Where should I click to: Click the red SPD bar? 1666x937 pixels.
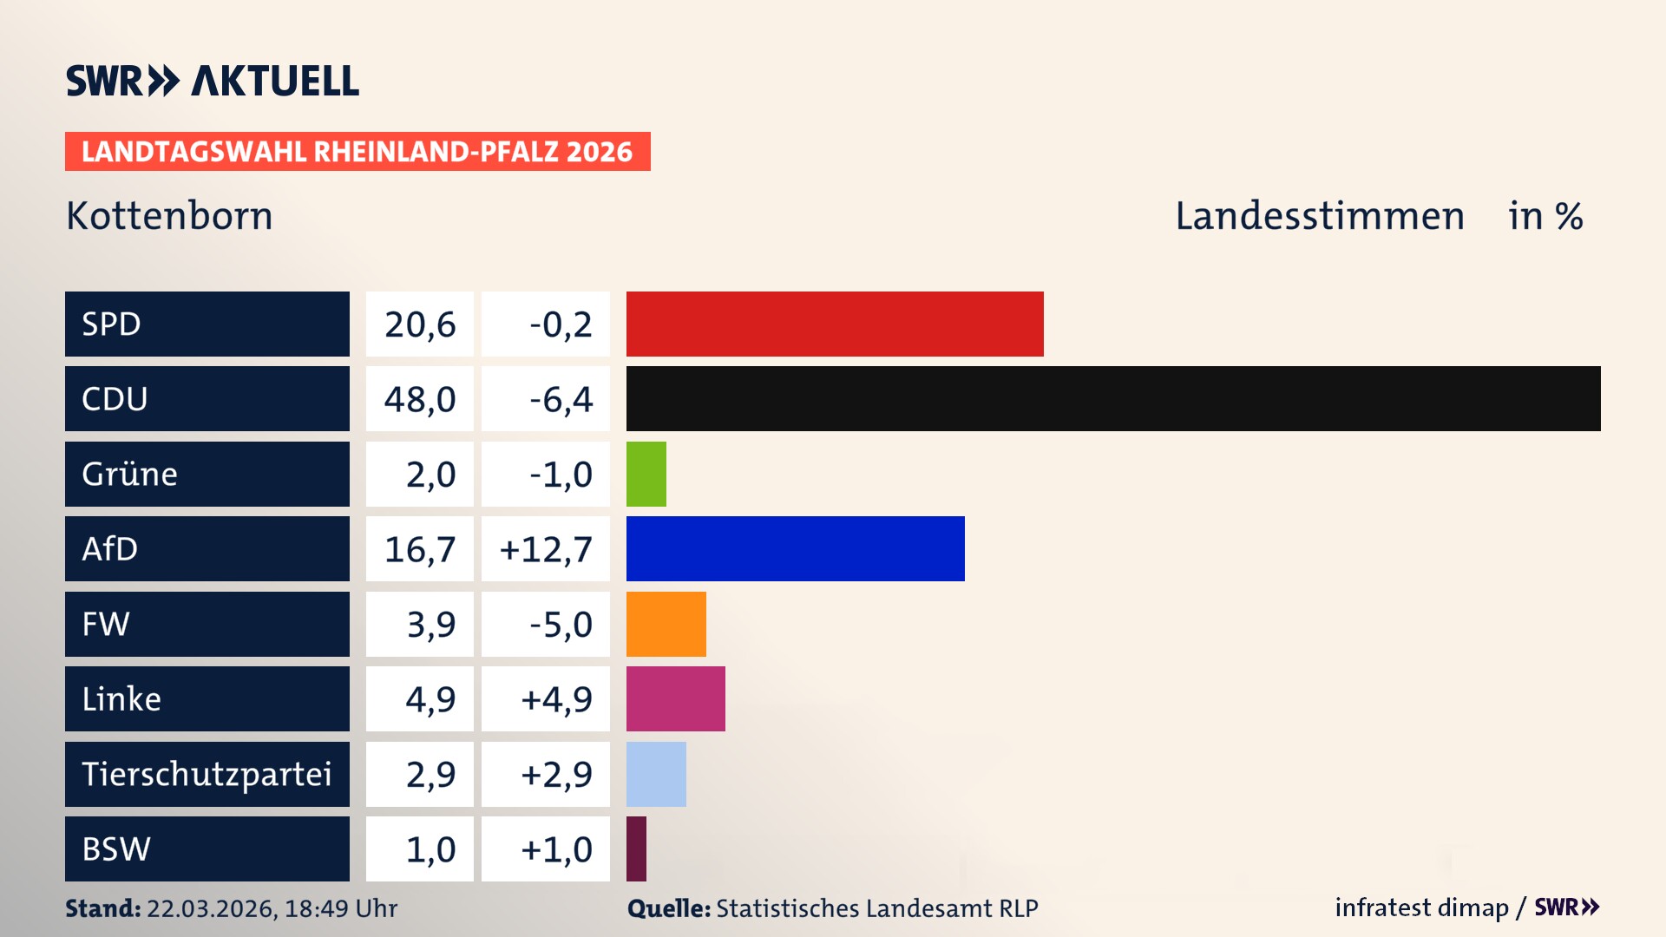pos(835,324)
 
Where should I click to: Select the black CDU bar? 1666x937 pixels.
pos(1113,399)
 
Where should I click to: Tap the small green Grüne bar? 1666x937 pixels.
pos(646,474)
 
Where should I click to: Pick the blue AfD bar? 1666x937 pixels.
pos(795,548)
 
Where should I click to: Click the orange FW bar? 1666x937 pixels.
pos(666,624)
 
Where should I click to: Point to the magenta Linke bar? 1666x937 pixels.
pos(675,698)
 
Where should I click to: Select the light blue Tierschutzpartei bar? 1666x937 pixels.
pos(656,774)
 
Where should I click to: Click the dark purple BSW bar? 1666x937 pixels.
pos(637,849)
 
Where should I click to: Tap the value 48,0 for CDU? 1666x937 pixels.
pos(420,399)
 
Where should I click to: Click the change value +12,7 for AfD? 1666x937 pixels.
pos(546,549)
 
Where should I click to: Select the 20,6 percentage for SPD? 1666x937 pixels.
pos(420,324)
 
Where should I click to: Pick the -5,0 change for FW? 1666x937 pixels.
pos(561,625)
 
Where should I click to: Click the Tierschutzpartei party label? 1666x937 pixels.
pos(207,774)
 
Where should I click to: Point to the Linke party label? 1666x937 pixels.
pos(121,699)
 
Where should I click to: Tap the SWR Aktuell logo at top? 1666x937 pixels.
pos(213,81)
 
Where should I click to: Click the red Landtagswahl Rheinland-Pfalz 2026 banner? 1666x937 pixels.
pos(357,152)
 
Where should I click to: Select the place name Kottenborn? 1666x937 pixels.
pos(169,216)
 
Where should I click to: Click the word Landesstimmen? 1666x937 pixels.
pos(1319,216)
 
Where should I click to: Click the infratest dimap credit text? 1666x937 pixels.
pos(1420,908)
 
